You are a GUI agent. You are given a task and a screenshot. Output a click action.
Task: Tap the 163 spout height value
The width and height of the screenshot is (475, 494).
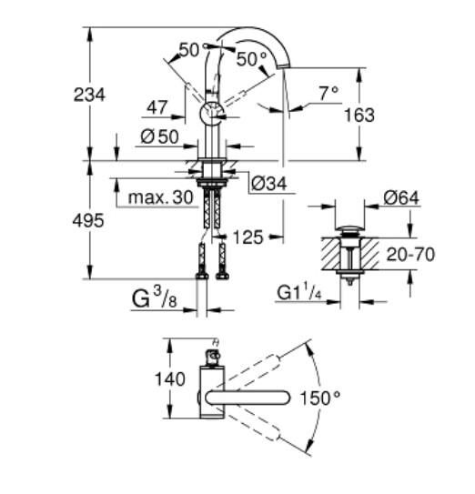point(359,116)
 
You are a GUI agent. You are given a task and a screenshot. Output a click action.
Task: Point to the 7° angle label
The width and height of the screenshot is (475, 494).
point(328,92)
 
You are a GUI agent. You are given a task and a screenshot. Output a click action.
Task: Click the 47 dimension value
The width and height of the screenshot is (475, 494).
point(157,108)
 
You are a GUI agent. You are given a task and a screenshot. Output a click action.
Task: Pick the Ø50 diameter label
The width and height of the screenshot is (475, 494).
point(160,137)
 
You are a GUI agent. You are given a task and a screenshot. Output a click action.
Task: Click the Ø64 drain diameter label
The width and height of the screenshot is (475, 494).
point(400,197)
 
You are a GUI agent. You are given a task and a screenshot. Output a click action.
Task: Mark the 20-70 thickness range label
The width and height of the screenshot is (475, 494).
point(410,255)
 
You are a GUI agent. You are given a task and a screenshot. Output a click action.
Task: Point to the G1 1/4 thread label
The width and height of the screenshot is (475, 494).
point(298,292)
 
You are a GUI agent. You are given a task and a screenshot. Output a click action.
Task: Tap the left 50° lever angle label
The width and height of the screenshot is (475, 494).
point(188,50)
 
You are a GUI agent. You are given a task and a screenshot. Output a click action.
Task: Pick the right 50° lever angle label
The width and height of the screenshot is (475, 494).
point(252,59)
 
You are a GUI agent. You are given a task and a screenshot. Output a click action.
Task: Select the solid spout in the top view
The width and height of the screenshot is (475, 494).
point(250,397)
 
